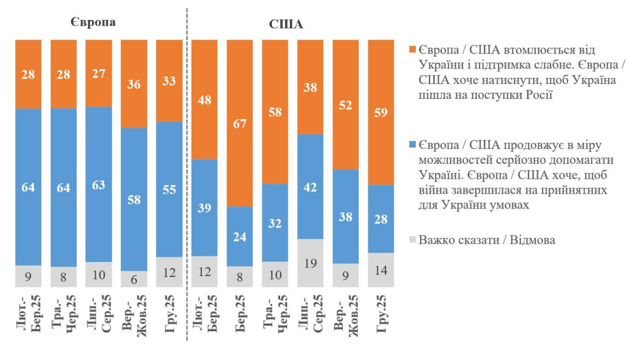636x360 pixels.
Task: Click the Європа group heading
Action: click(x=93, y=23)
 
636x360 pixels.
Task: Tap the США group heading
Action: click(x=286, y=24)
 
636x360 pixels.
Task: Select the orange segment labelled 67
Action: click(x=239, y=123)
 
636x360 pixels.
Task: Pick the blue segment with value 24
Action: click(x=239, y=236)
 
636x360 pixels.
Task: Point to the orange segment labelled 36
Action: click(x=134, y=83)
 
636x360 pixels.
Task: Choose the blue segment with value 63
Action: click(x=99, y=184)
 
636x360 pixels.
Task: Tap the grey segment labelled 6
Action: click(x=134, y=279)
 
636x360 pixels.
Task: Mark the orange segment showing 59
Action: click(x=381, y=112)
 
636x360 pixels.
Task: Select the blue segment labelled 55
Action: click(x=169, y=189)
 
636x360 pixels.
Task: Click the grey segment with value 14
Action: click(x=381, y=270)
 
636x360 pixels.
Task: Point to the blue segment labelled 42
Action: click(x=310, y=187)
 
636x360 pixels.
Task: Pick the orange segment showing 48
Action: click(x=204, y=99)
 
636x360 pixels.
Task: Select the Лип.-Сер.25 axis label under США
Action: click(x=310, y=315)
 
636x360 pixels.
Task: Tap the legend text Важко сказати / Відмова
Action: click(x=487, y=240)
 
